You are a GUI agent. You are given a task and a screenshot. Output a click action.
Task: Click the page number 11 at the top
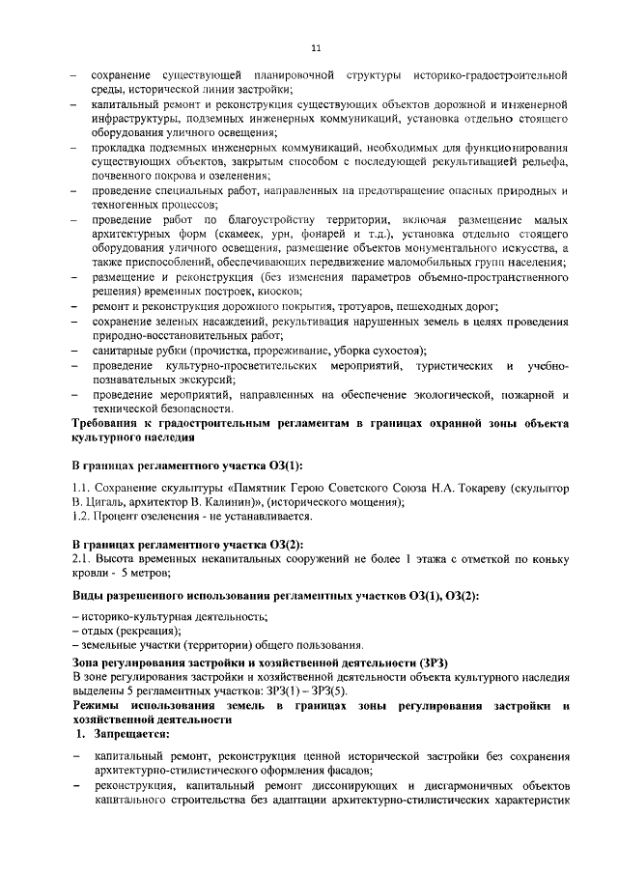pyautogui.click(x=316, y=49)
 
